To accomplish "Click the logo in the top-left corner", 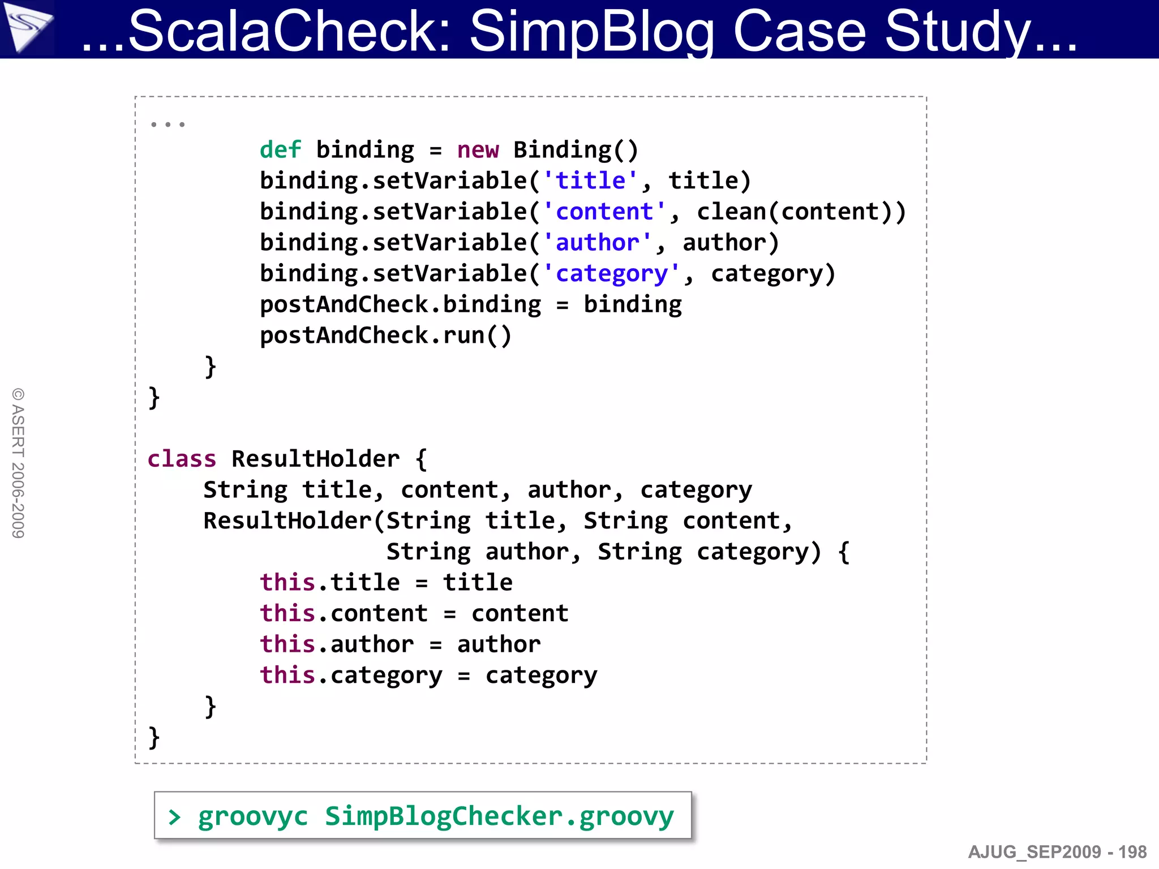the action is (x=27, y=27).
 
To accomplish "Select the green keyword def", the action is (x=280, y=150).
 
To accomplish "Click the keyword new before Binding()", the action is (x=478, y=150).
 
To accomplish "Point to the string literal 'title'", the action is (x=590, y=181).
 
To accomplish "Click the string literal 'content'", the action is (x=604, y=212).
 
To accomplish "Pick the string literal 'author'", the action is (x=598, y=243).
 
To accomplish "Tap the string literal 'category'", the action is (x=611, y=274).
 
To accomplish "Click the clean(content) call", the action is (x=801, y=212).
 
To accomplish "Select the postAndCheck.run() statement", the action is (x=385, y=336).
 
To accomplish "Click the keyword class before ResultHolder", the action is (x=182, y=459).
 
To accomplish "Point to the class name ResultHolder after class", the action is (x=315, y=459).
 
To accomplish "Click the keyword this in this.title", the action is (x=287, y=583).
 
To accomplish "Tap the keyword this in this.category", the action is (x=287, y=676).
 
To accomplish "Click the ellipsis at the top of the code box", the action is (x=168, y=124).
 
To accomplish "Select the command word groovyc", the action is (x=252, y=816).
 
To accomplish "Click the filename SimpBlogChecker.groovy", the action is (x=499, y=816).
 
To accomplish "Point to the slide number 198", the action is (x=1132, y=852).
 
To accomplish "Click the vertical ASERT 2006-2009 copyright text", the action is (x=18, y=463).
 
